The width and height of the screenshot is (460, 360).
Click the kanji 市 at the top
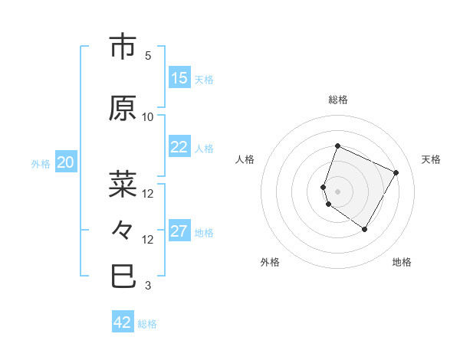[x=123, y=47]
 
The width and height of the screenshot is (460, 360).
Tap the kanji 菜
[x=123, y=185]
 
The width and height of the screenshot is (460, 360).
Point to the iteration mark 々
[x=123, y=230]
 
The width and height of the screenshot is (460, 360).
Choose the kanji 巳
[x=123, y=276]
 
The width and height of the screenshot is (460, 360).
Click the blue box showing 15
[x=179, y=78]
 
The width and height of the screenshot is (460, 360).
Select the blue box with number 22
[x=179, y=148]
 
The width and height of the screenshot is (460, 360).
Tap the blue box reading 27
[x=179, y=232]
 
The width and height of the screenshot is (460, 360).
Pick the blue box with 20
[x=66, y=162]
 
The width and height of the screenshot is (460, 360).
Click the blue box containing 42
[x=123, y=322]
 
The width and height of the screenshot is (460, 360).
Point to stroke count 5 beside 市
[x=148, y=56]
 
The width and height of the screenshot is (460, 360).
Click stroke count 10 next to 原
[x=148, y=117]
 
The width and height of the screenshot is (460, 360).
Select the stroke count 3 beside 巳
[x=148, y=286]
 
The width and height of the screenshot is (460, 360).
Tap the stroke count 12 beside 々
[x=148, y=239]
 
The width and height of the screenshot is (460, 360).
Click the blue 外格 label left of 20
[x=41, y=163]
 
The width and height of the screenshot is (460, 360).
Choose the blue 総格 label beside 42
[x=147, y=324]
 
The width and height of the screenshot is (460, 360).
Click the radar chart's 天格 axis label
[x=431, y=159]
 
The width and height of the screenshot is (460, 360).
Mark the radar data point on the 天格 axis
[x=396, y=172]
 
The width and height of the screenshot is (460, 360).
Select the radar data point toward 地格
[x=365, y=229]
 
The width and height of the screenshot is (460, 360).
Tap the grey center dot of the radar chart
[x=338, y=191]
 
